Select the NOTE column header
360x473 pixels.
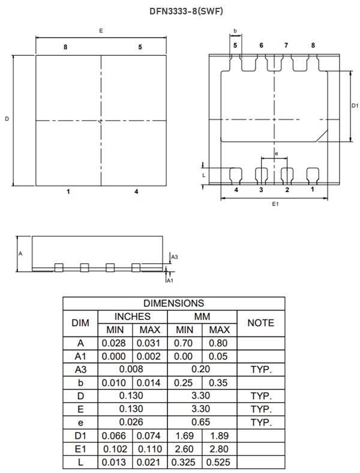[x=260, y=323]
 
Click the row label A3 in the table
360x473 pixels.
[x=80, y=369]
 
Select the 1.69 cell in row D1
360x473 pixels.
[x=185, y=435]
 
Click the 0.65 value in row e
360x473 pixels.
[x=202, y=422]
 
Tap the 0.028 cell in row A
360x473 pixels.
[x=115, y=343]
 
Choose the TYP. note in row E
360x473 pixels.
[x=260, y=409]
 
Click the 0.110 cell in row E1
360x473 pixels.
[x=150, y=448]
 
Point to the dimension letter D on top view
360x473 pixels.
[x=7, y=119]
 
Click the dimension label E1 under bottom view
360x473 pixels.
[x=275, y=205]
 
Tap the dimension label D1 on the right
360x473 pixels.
[x=355, y=106]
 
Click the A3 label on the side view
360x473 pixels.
[x=175, y=257]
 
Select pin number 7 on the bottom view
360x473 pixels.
[x=286, y=46]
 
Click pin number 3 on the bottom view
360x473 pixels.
[x=261, y=190]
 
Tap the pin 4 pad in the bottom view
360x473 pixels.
[x=236, y=174]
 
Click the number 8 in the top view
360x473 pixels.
[x=65, y=47]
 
